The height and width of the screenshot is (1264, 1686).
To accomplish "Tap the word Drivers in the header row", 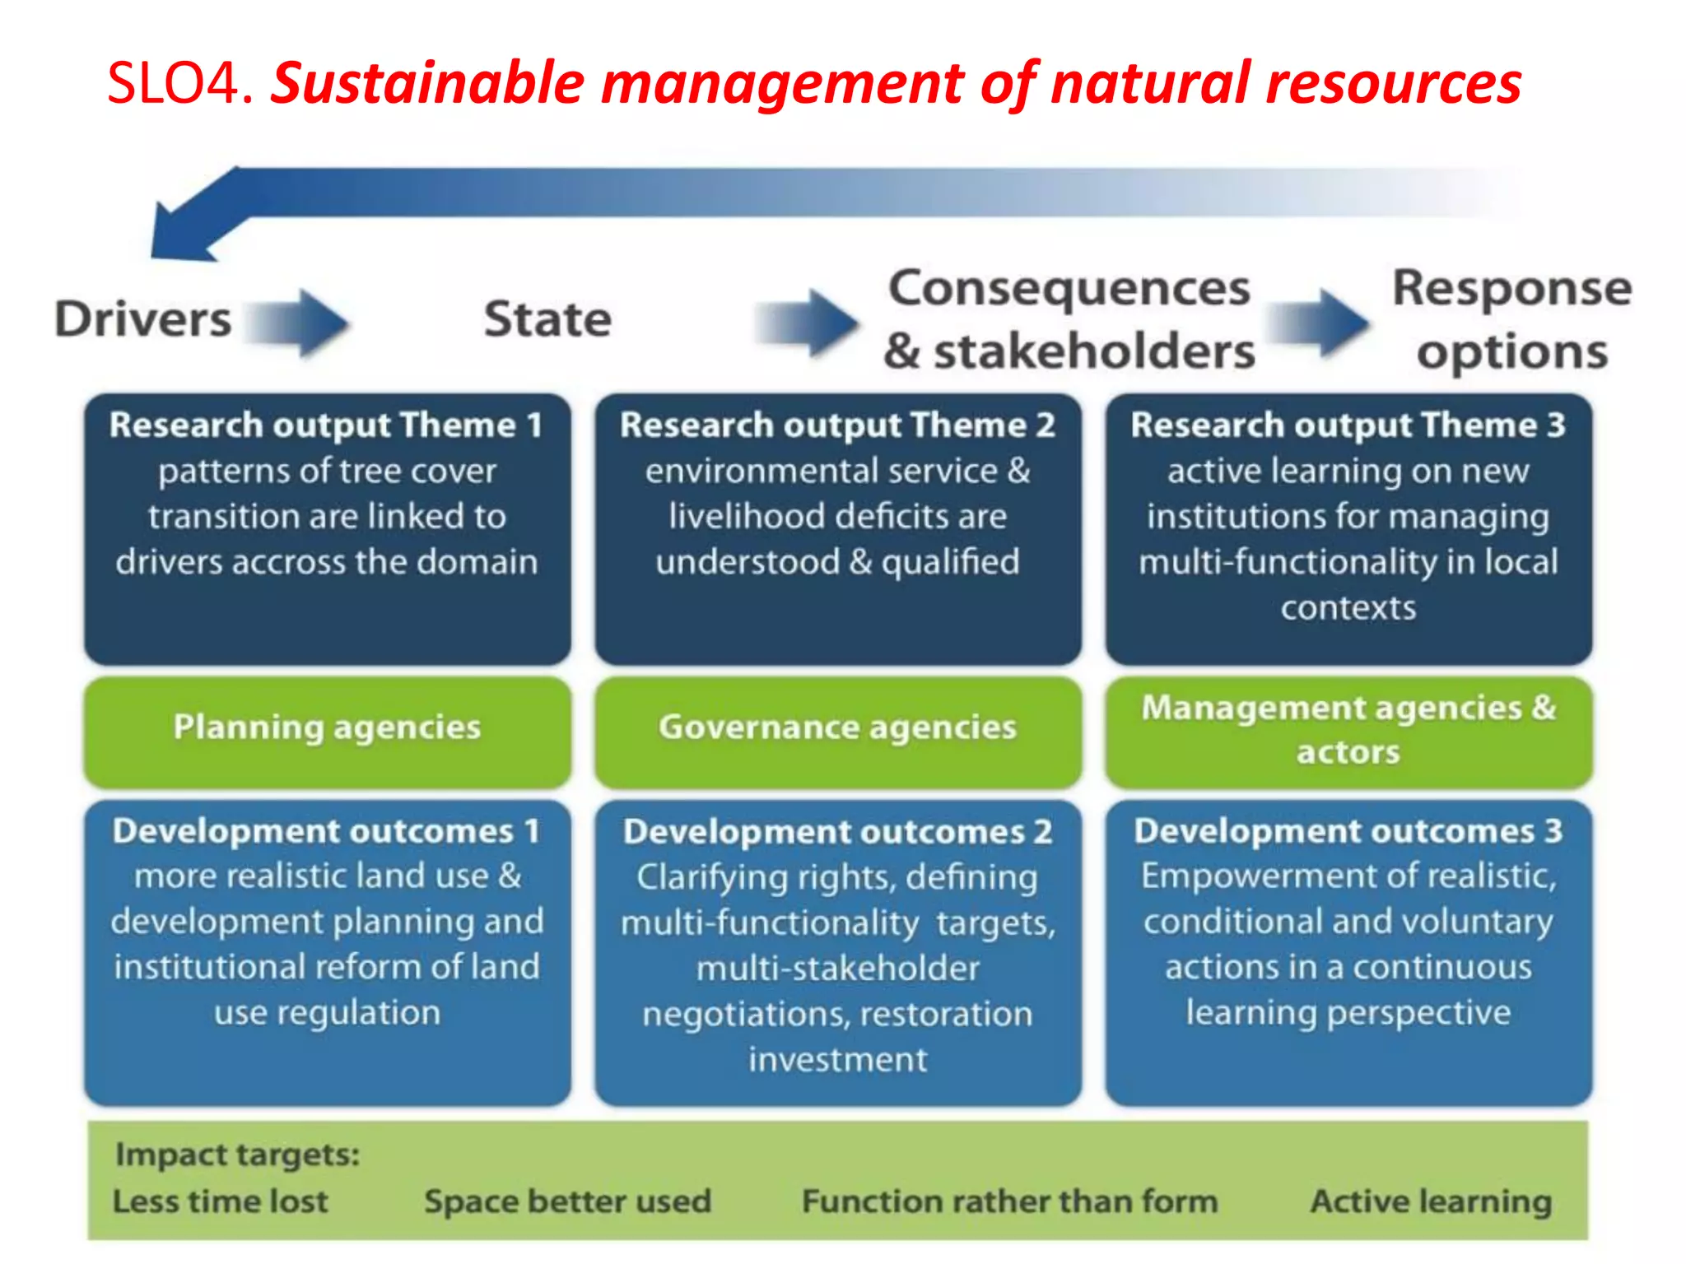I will coord(143,319).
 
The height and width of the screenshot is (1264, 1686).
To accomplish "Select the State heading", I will coord(547,319).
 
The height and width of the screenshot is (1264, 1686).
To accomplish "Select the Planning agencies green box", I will coord(327,728).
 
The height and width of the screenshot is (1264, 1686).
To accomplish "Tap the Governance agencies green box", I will coord(837,728).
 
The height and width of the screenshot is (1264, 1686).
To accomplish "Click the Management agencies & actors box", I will coord(1348,730).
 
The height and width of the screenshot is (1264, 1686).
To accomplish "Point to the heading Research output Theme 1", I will coord(327,425).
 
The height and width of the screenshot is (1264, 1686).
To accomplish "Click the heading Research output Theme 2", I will coord(837,425).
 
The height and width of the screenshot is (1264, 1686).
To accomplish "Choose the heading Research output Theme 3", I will coord(1348,425).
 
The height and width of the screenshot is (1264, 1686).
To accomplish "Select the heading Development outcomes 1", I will coord(327,831).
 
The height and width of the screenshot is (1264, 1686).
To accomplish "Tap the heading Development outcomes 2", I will coord(837,832).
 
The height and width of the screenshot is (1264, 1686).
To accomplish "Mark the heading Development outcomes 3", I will coord(1348,831).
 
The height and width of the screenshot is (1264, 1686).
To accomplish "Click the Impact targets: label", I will coord(238,1155).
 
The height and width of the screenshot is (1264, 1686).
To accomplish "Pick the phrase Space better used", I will coord(567,1201).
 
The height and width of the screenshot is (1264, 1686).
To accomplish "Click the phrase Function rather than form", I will coord(1009,1201).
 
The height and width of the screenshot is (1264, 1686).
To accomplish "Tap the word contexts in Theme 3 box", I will coord(1348,608).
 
